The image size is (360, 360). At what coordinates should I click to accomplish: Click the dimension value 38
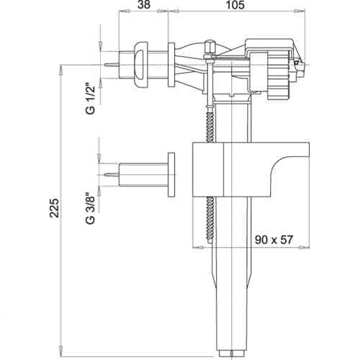tap(144, 5)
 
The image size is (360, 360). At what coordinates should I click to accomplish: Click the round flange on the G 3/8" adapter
tap(172, 174)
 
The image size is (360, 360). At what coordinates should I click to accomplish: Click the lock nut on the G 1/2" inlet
tap(142, 64)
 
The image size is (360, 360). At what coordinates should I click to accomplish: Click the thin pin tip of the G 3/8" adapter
tap(109, 174)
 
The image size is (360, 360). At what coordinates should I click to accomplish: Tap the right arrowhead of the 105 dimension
tap(297, 12)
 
